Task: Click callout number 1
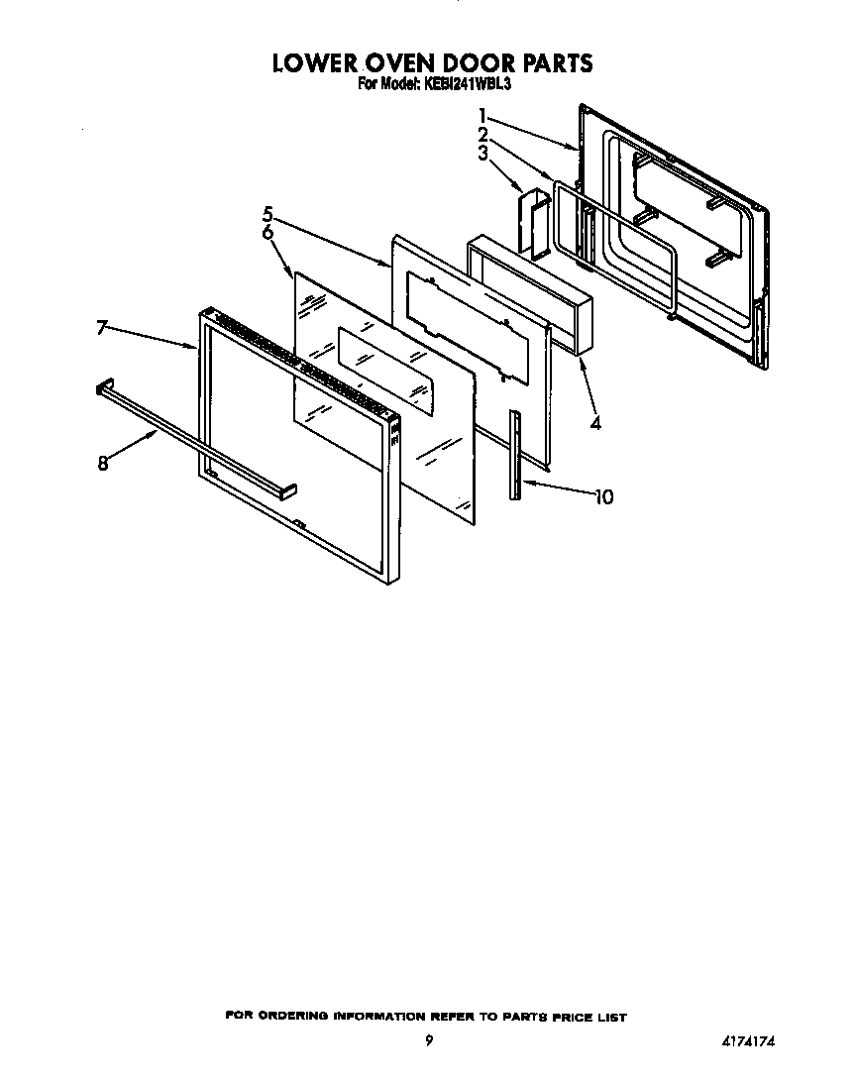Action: pos(482,115)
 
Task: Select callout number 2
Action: pos(482,134)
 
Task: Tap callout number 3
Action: pos(482,153)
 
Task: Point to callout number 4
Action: pos(594,423)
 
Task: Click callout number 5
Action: pos(267,213)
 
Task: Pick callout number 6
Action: pos(267,232)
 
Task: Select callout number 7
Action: pos(103,328)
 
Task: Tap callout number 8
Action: pos(103,463)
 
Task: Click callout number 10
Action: pos(602,496)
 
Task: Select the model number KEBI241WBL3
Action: pos(465,85)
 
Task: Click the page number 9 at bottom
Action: pos(428,1040)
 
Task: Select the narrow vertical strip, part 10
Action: pos(516,456)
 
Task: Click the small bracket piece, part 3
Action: pos(534,224)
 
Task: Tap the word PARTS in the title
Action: pos(559,63)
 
